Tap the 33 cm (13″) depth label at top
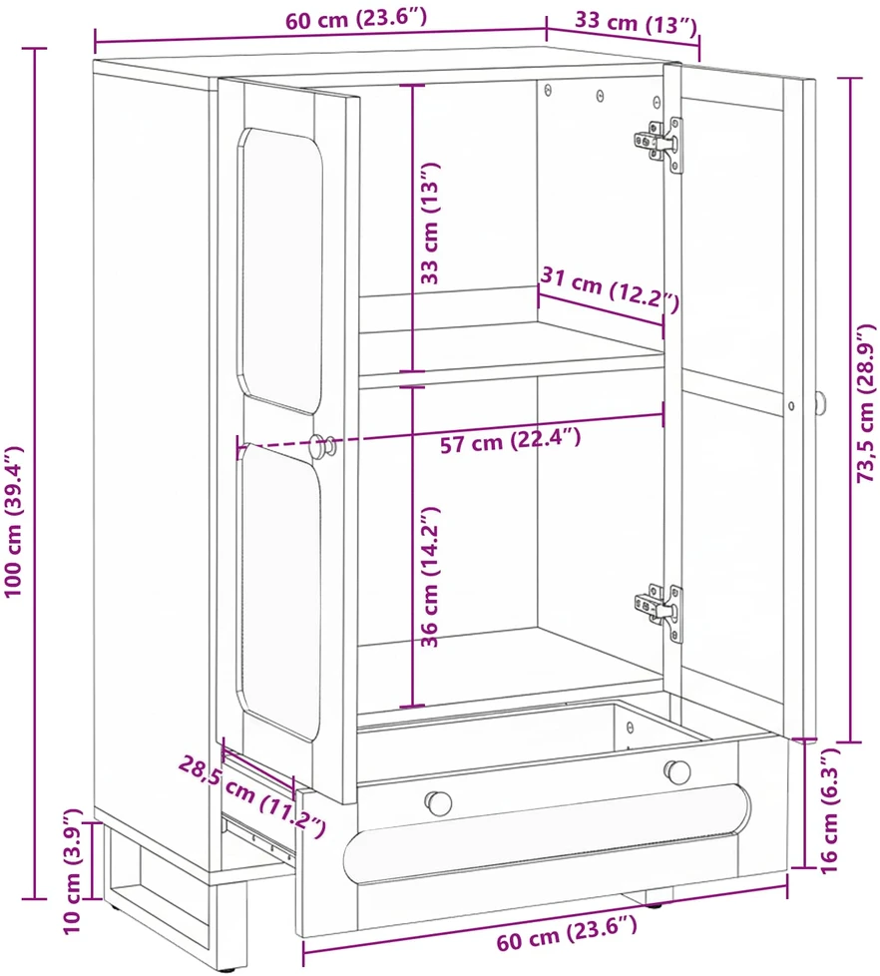pos(636,24)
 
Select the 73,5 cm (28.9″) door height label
pos(866,403)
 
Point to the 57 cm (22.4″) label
pos(510,441)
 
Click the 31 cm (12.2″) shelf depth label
pos(610,288)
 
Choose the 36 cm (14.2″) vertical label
pos(430,577)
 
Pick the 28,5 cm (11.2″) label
pos(252,795)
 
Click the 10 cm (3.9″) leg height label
pos(73,871)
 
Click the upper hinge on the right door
pos(660,145)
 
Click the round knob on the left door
pos(323,446)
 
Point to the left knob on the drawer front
pos(439,803)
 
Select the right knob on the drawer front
pos(677,771)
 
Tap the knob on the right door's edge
pos(821,404)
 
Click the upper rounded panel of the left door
pos(280,270)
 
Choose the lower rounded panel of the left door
pos(280,592)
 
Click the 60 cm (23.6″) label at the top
pos(356,19)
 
